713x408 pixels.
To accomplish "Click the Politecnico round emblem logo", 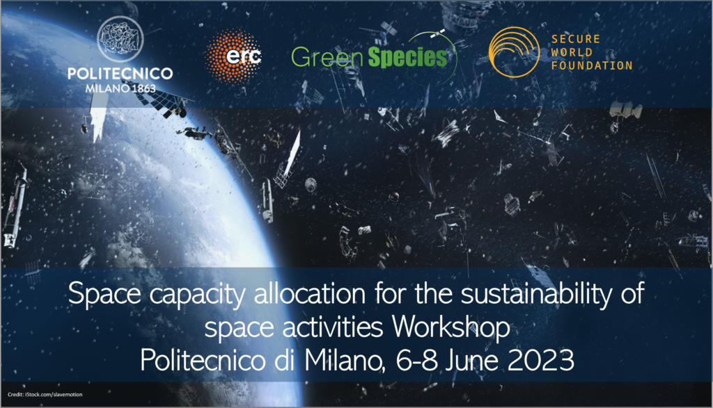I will click(x=120, y=40).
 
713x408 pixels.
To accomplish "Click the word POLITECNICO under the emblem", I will click(x=120, y=74).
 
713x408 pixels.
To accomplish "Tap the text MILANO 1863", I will click(x=120, y=90).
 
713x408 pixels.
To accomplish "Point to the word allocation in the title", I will click(x=317, y=295).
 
